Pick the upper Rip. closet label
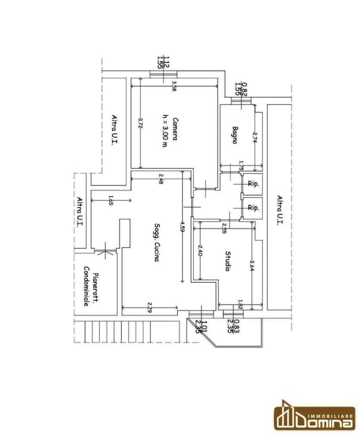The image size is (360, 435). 253,184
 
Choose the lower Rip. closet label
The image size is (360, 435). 253,208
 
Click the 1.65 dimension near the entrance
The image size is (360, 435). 109,199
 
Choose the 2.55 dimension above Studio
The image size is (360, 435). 224,230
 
